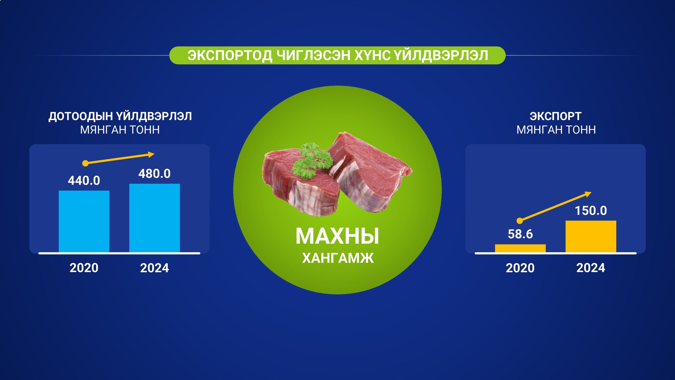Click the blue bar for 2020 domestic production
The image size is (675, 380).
[x=84, y=221]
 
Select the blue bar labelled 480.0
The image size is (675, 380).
[x=155, y=218]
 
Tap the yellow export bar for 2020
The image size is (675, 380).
[x=520, y=248]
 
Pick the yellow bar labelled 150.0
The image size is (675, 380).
[x=591, y=237]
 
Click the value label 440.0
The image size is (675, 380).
[x=84, y=180]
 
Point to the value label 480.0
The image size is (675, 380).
[x=155, y=174]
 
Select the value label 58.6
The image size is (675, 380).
[x=520, y=234]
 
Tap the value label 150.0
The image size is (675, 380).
[x=591, y=210]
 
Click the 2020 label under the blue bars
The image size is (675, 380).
[x=84, y=268]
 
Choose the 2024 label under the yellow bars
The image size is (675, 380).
[x=591, y=268]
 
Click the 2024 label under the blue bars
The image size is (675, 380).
[x=155, y=268]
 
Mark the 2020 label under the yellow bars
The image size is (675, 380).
[x=520, y=268]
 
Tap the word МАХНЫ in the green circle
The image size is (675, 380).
[x=337, y=236]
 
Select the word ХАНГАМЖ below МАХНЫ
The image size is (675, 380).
[x=338, y=258]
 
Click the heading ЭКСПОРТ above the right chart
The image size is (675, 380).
[x=556, y=116]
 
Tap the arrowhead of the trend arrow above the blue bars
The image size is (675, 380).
[x=151, y=154]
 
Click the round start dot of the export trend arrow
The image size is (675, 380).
[x=520, y=221]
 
